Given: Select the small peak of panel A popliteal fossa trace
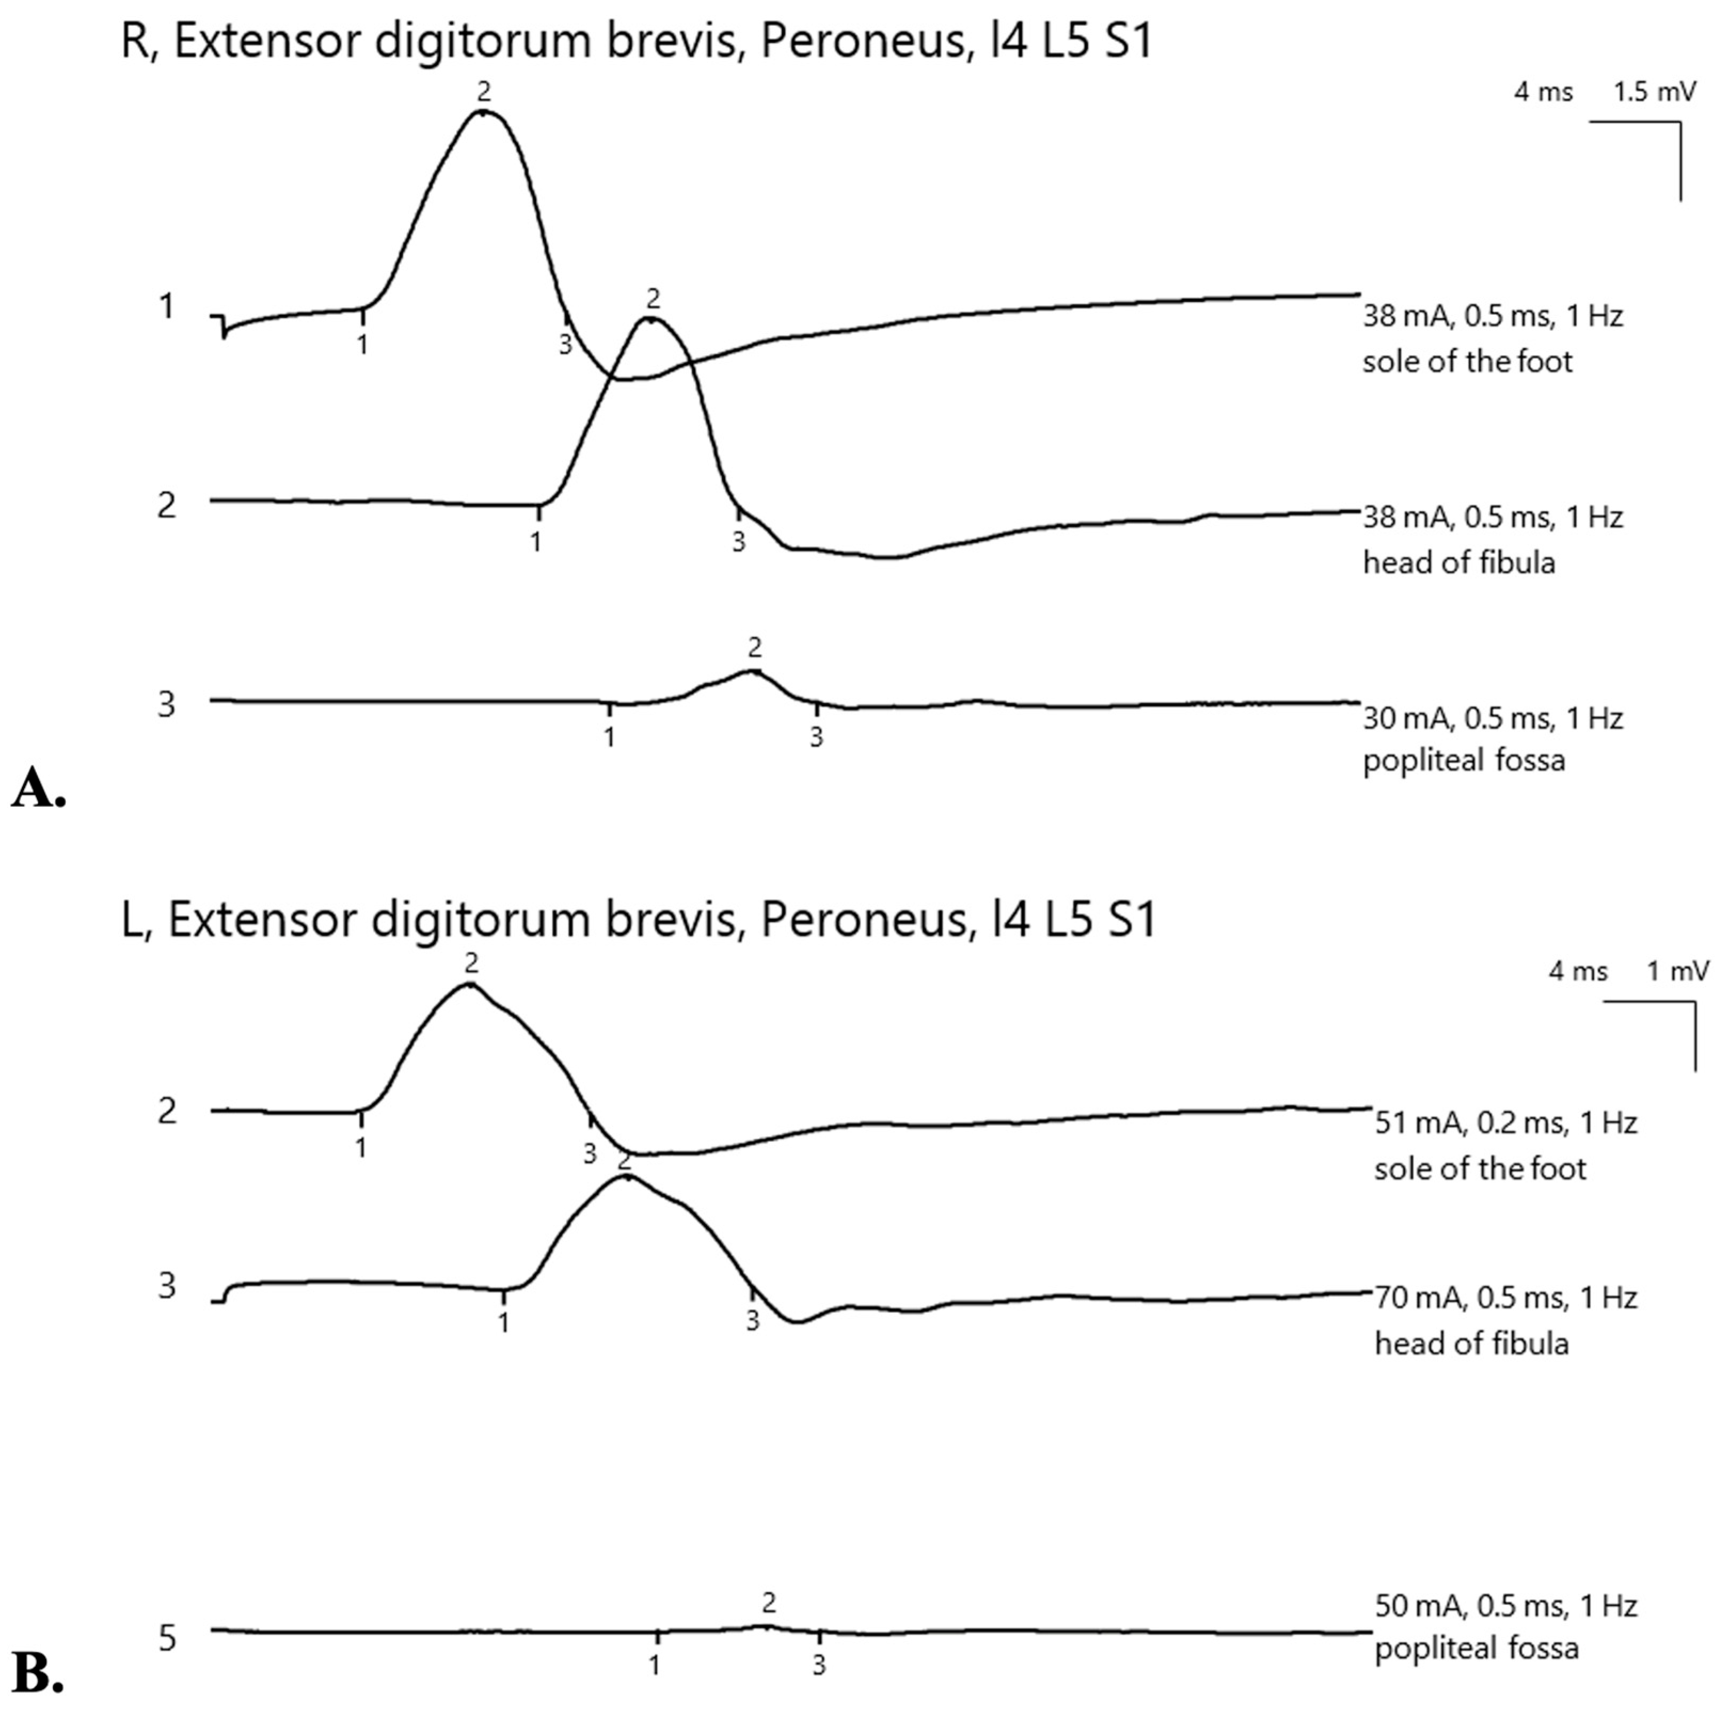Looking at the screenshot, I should tap(753, 670).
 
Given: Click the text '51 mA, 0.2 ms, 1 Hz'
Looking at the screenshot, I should tap(1505, 1122).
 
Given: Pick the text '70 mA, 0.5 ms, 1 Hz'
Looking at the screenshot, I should tap(1505, 1297).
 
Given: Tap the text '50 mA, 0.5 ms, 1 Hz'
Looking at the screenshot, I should tap(1505, 1605).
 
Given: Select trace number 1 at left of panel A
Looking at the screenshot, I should tap(166, 306).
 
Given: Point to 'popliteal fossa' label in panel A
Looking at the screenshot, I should tap(1463, 761).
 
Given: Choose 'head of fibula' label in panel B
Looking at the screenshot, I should tap(1470, 1343).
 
